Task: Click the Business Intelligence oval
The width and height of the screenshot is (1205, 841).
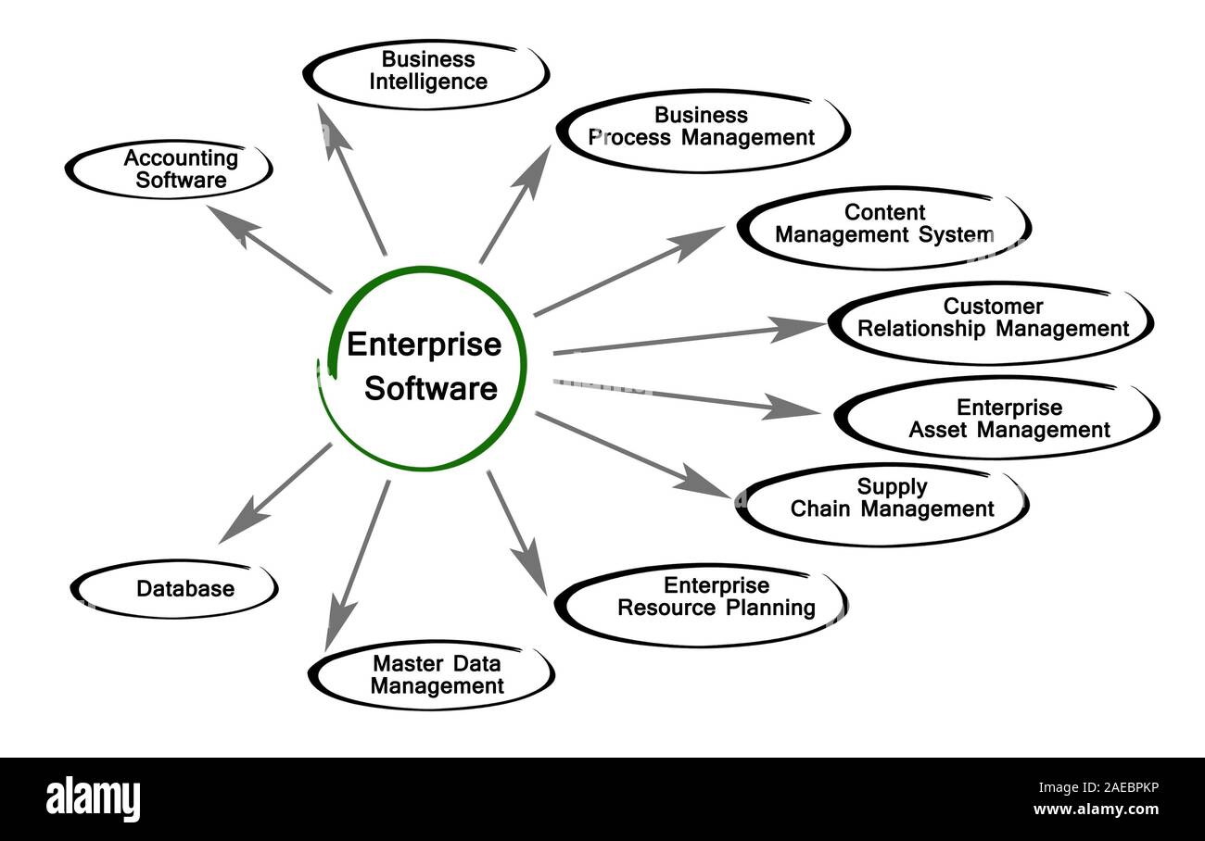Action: click(426, 72)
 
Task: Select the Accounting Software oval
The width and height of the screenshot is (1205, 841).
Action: click(170, 169)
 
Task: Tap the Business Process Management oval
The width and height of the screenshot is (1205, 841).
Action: click(703, 129)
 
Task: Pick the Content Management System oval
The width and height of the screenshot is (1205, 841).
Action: click(882, 226)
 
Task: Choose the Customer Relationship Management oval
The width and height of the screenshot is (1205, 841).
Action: click(991, 320)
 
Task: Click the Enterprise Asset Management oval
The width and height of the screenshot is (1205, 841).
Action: click(997, 419)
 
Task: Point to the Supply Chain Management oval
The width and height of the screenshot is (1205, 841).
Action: click(882, 500)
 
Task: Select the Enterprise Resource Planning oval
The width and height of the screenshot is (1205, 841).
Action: click(703, 600)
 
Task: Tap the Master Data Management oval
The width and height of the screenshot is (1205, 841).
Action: click(431, 675)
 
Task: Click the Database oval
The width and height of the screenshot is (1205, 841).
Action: click(174, 588)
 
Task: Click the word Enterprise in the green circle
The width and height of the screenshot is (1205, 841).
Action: click(424, 345)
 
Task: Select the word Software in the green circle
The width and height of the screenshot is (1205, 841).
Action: click(430, 388)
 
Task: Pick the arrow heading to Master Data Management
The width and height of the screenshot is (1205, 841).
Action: click(357, 565)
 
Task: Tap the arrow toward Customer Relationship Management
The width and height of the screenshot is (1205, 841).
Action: click(686, 338)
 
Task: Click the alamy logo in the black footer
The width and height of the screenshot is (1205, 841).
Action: click(93, 798)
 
